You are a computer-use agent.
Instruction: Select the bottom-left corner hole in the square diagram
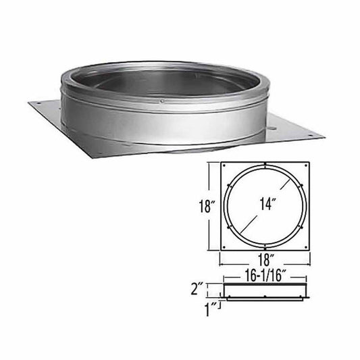(225, 246)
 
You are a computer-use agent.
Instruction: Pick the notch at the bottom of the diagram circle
(265, 244)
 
